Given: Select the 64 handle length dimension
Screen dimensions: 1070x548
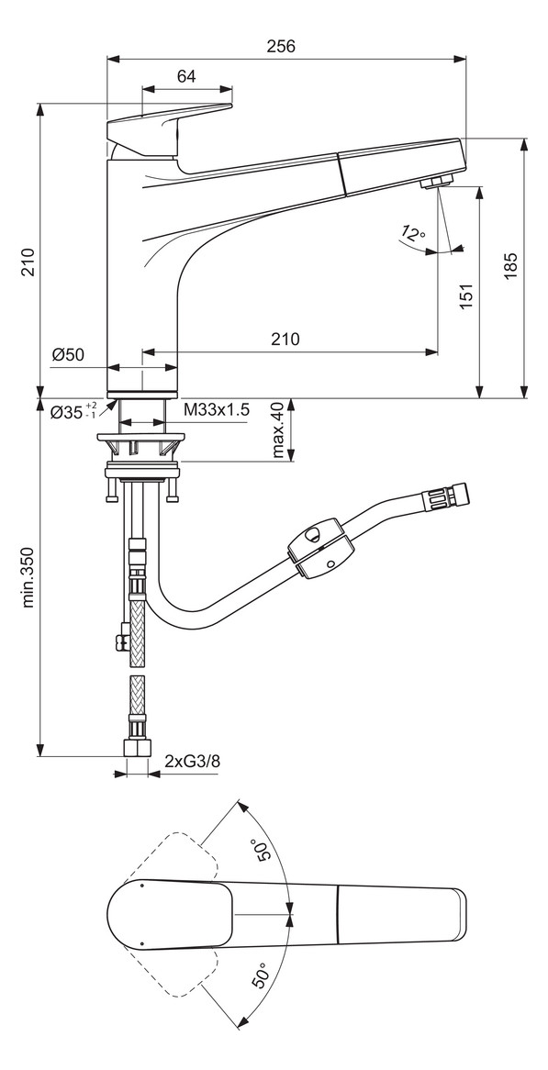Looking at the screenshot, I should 186,77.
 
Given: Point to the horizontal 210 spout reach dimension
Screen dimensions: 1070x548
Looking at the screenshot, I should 285,339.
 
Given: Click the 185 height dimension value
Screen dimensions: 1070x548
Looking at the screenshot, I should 511,265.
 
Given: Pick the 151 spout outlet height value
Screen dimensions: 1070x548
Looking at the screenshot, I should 465,295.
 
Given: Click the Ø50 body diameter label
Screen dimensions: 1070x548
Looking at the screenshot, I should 69,355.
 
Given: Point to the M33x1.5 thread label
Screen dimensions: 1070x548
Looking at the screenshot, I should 216,409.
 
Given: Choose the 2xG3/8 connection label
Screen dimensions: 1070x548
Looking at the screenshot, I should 192,761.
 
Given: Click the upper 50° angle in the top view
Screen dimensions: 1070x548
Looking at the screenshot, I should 263,852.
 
